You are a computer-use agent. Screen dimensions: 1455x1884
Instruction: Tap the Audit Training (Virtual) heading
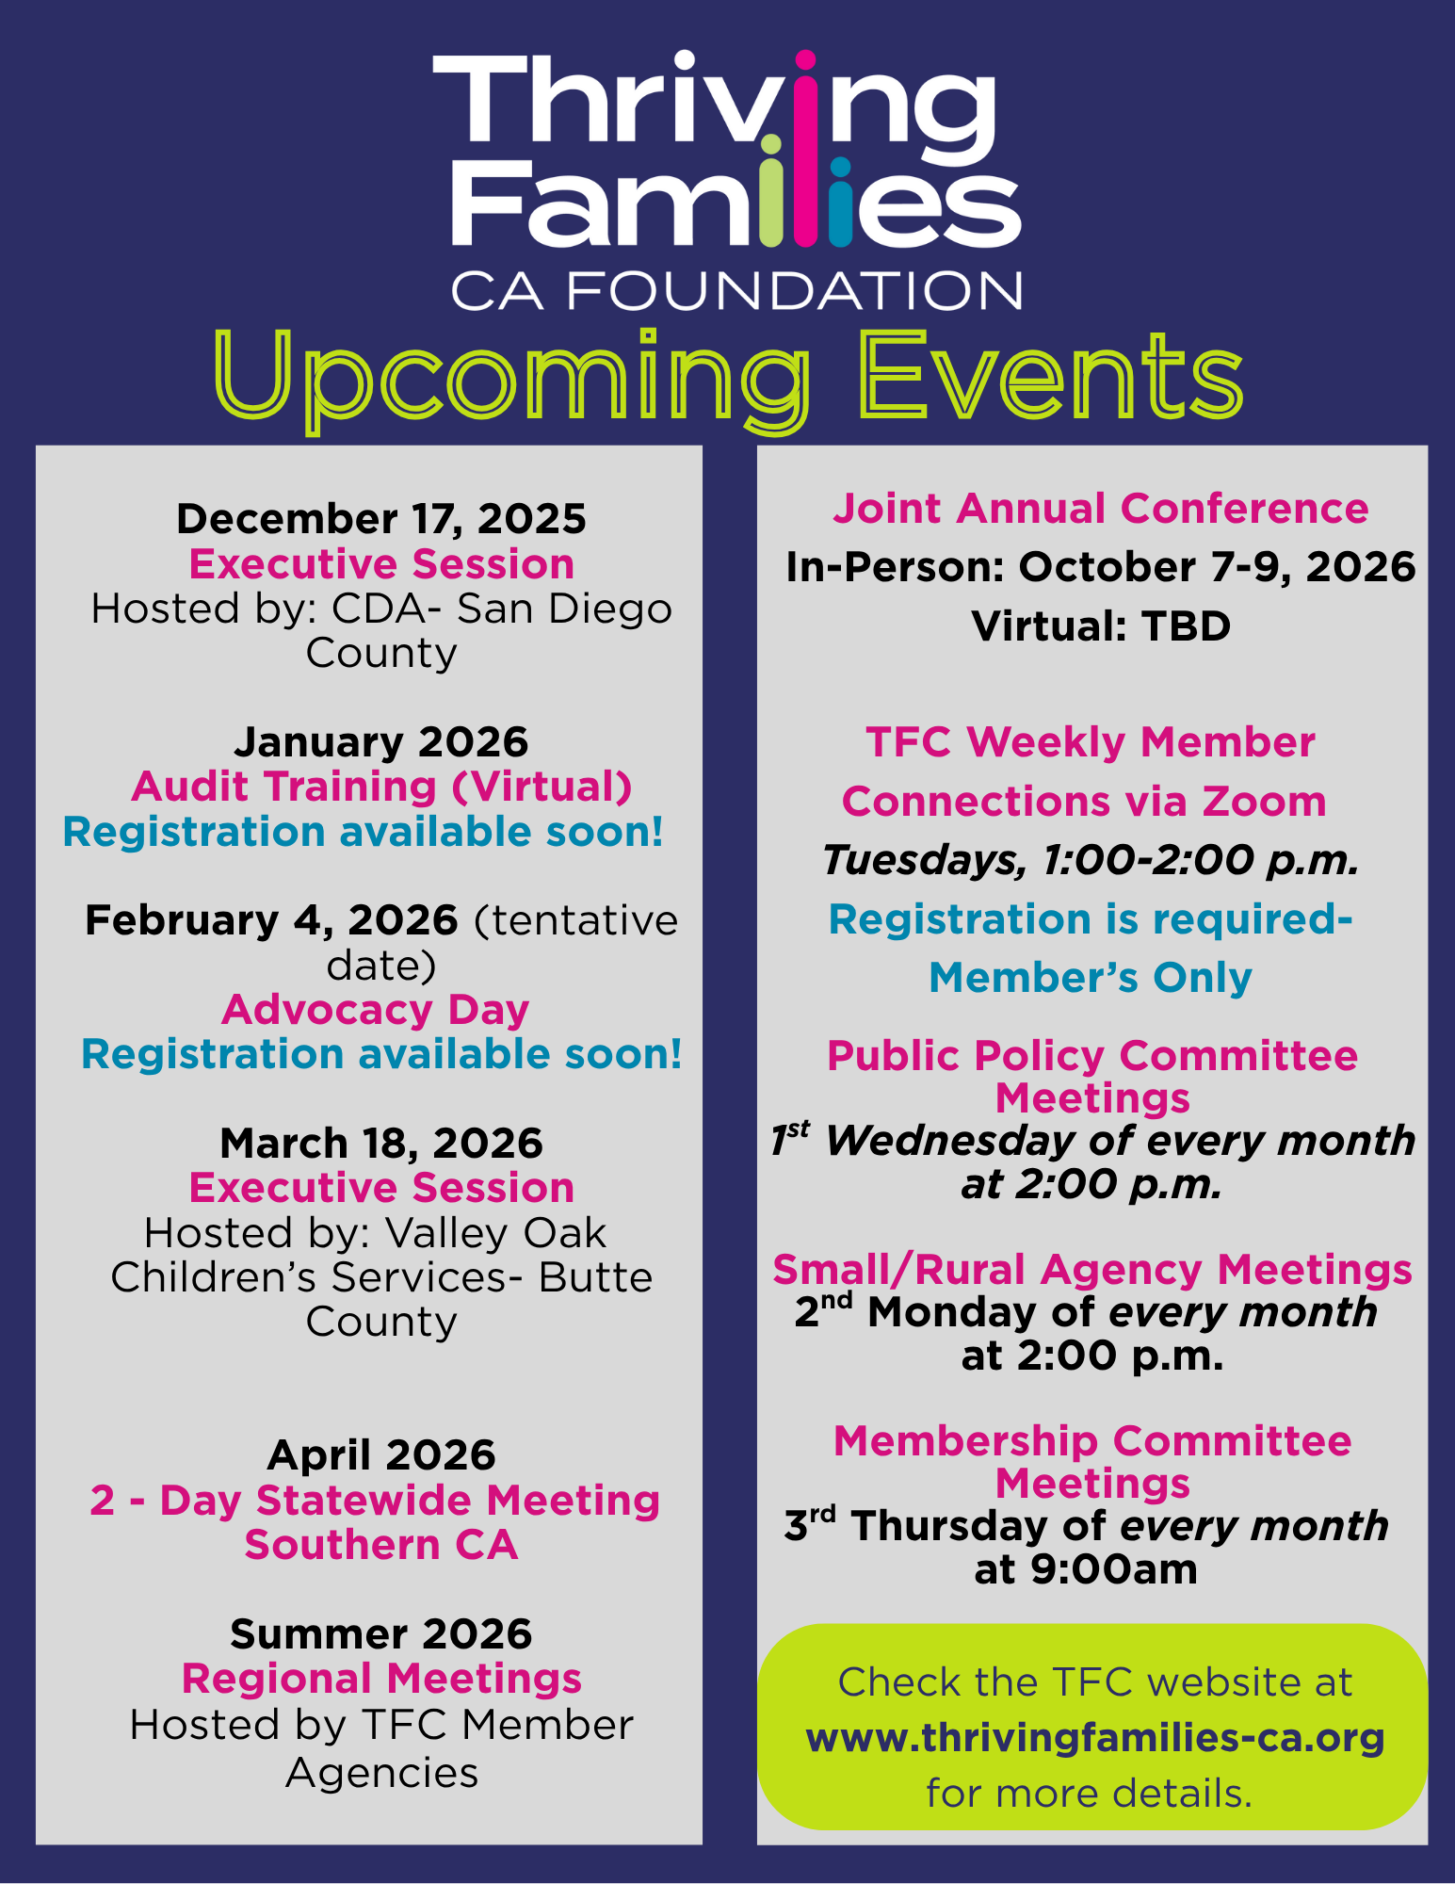pos(381,788)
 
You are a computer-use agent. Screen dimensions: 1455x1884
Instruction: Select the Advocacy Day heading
pos(376,1011)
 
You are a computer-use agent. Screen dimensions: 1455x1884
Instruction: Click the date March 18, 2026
pos(381,1144)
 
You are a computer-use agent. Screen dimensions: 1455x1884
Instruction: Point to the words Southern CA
pos(381,1545)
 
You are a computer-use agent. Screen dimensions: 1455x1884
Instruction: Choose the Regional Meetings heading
pos(381,1679)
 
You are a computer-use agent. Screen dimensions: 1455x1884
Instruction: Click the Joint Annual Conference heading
pos(1100,509)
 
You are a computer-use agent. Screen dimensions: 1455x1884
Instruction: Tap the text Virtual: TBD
pos(1101,626)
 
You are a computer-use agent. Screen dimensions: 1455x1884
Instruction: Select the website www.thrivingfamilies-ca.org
pos(1095,1739)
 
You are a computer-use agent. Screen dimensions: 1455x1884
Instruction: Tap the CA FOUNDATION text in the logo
pos(736,291)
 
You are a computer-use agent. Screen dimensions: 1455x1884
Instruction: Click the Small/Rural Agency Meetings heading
pos(1092,1270)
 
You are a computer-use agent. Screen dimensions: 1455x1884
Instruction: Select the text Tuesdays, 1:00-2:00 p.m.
pos(1091,860)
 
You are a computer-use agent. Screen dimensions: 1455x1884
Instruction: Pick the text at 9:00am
pos(1086,1570)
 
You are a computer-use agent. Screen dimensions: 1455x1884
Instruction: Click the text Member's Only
pos(1091,978)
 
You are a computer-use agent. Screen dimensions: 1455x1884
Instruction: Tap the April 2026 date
pos(381,1455)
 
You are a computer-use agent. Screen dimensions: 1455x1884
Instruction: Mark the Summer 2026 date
pos(381,1634)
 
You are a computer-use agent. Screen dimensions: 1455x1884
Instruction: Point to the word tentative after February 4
pos(575,921)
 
